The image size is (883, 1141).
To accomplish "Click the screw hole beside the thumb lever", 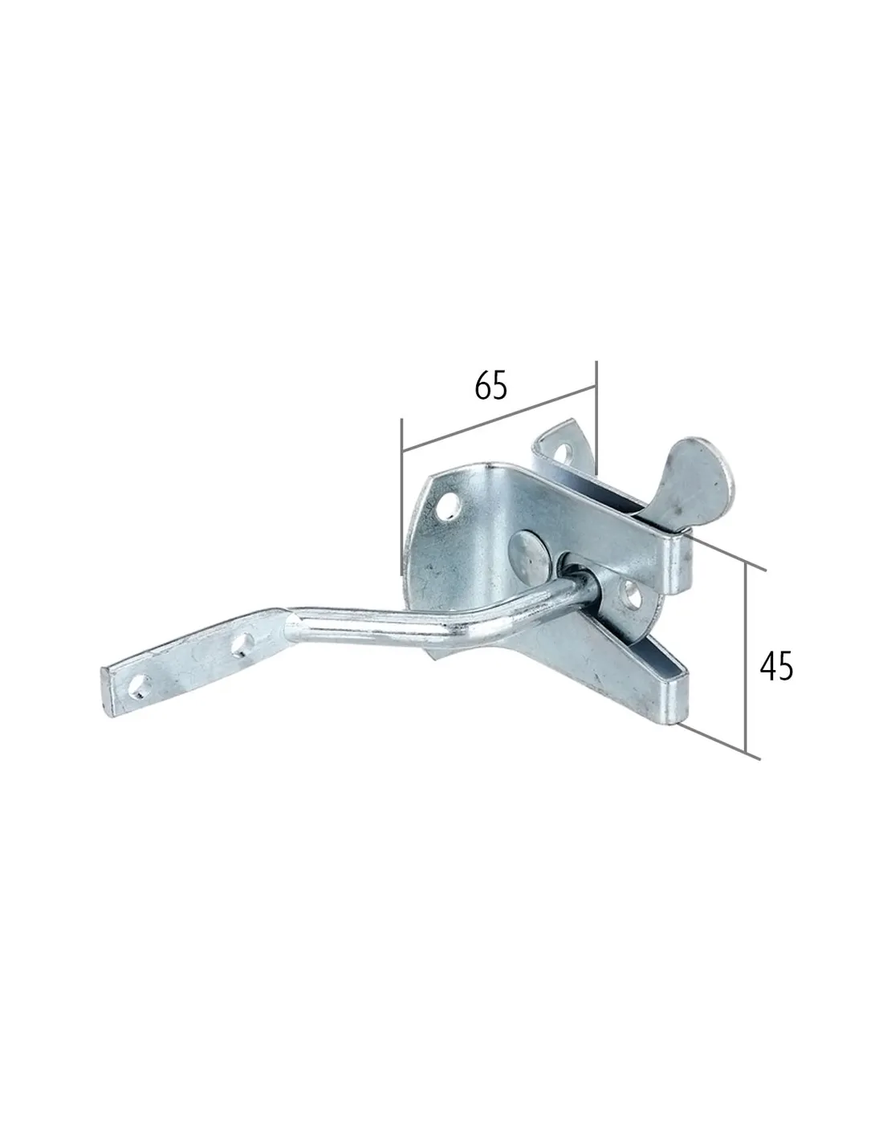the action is coord(564,453).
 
